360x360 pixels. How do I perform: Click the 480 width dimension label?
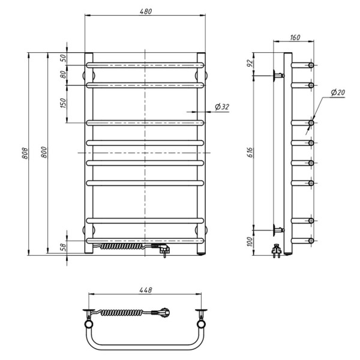(146, 11)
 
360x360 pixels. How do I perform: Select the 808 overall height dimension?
(25, 153)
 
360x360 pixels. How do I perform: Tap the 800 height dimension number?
(44, 152)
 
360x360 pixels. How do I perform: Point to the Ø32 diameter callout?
(222, 107)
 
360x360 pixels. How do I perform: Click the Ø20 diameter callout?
(338, 92)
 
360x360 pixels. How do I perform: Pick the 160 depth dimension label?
(295, 37)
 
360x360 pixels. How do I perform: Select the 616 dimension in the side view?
(250, 152)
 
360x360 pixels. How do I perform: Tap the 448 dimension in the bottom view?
(146, 290)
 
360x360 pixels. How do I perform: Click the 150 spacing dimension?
(63, 103)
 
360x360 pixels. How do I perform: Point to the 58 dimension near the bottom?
(63, 247)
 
